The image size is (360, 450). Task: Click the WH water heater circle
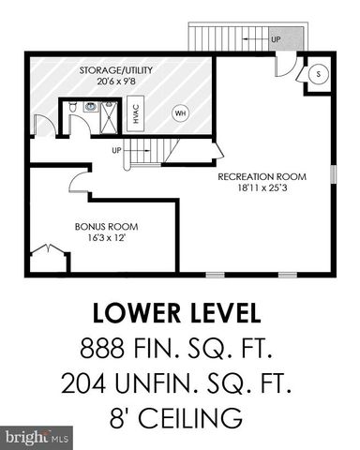coord(180,113)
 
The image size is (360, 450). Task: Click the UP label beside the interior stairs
coord(117,150)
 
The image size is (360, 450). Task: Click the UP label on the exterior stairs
coord(276,39)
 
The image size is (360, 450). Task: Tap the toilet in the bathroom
coord(73,108)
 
